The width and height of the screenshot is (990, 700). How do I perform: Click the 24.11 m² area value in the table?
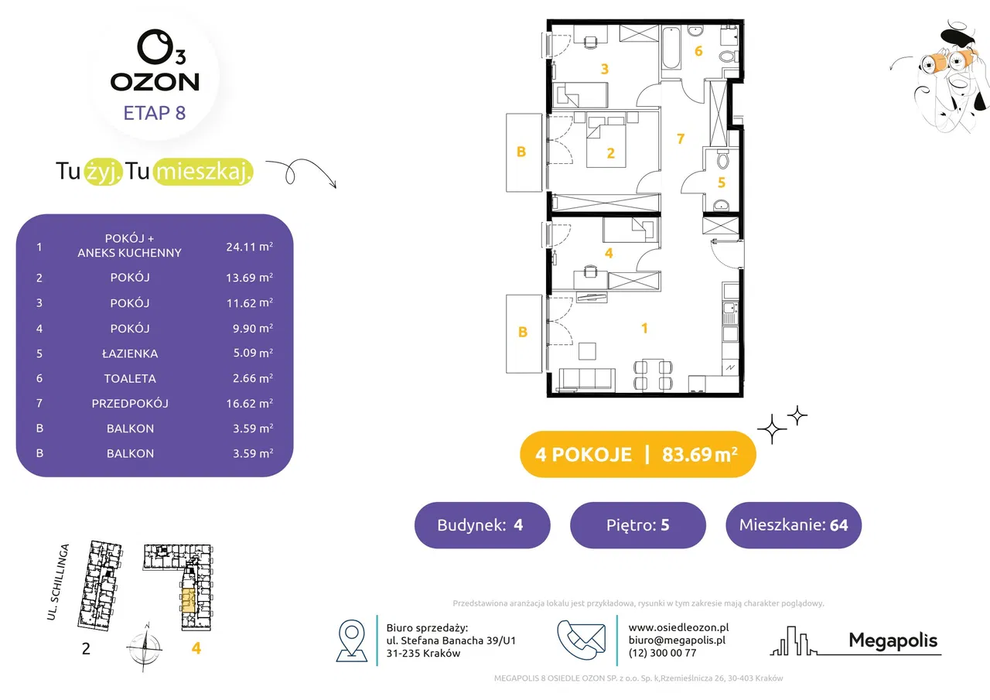coord(249,247)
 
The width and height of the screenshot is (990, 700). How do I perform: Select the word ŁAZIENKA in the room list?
coord(130,353)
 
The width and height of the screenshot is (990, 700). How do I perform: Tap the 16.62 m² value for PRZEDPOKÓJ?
coord(249,404)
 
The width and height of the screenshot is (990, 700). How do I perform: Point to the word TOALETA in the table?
coord(130,379)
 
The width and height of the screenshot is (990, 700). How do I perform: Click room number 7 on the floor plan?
coord(681,138)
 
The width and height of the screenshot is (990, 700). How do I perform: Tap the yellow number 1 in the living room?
coord(644,329)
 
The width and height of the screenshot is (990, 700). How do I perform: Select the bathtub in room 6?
coord(671,49)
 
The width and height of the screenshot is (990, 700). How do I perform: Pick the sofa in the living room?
coord(587,380)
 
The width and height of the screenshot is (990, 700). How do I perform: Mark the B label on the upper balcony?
coord(521,152)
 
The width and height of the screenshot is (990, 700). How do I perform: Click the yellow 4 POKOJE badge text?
coord(583,455)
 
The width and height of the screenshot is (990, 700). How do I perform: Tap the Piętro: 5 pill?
coord(638,525)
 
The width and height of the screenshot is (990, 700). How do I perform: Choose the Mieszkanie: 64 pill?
coord(794,525)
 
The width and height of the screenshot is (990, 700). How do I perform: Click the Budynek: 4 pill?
coord(482,525)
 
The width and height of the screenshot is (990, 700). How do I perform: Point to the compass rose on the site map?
coord(145,647)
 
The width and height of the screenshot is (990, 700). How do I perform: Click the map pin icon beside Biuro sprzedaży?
coord(352,640)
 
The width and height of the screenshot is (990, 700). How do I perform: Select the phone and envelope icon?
coord(581,640)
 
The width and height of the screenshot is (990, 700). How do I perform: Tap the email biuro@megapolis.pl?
coord(677,640)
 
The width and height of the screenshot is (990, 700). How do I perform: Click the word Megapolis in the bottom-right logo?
coord(893,640)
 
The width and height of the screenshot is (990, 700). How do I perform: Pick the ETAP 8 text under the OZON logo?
coord(155,113)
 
